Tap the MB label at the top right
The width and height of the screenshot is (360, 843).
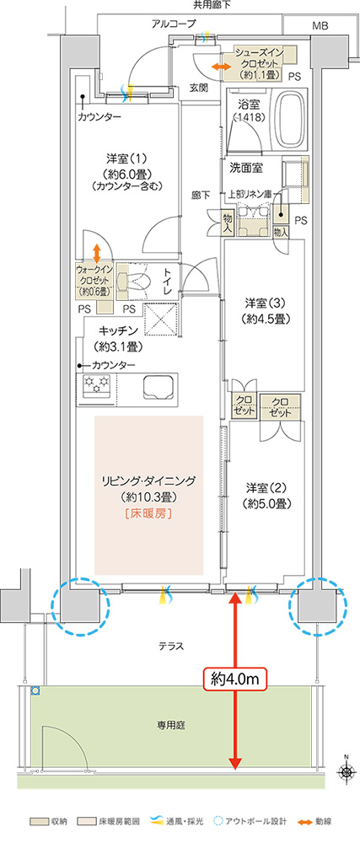(320, 26)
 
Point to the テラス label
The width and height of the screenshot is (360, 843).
(171, 647)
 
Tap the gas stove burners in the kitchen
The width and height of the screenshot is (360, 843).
(98, 386)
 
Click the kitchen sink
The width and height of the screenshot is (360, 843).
(159, 387)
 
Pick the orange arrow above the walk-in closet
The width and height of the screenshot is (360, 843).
(97, 251)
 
